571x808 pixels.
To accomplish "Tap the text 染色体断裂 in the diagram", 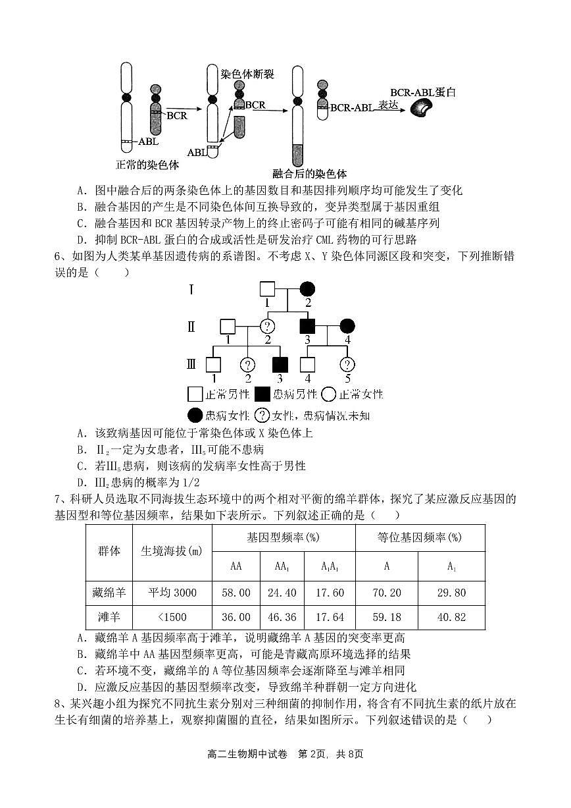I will [247, 74].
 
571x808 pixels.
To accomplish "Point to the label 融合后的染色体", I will [309, 174].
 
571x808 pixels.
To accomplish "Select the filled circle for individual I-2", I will [307, 288].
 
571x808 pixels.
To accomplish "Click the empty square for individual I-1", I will [267, 288].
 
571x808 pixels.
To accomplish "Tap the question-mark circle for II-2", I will [267, 326].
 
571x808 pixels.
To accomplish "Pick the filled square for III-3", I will [280, 364].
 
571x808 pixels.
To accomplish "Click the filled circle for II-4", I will [347, 326].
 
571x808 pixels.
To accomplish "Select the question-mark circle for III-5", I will [347, 364].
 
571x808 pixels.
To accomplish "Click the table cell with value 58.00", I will [236, 593].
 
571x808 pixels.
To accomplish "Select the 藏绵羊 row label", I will [109, 593].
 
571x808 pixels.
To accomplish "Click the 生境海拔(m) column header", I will [172, 551].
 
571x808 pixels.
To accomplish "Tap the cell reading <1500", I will [172, 617].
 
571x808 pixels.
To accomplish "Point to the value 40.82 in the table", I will [451, 617].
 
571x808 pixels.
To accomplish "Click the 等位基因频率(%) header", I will [419, 537].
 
